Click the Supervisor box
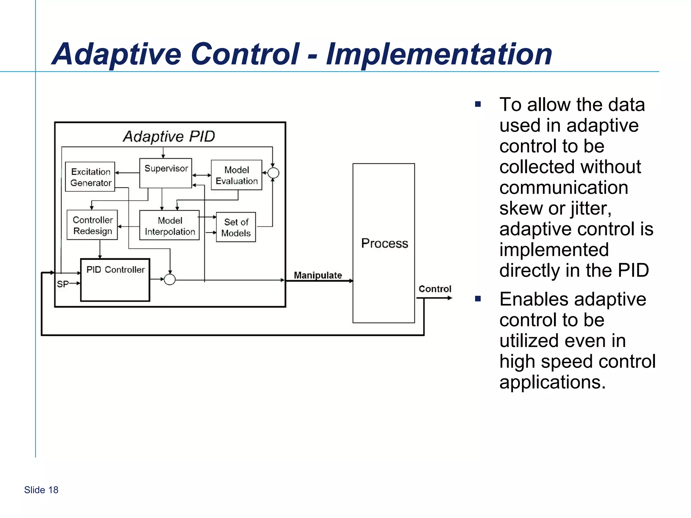[x=166, y=173]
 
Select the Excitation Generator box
[x=90, y=177]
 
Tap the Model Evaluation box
[x=237, y=175]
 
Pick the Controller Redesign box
[x=92, y=225]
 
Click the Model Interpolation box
[x=169, y=226]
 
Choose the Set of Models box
[x=236, y=227]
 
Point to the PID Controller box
[x=115, y=280]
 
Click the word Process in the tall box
[x=384, y=243]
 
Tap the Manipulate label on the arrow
[x=318, y=275]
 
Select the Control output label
[x=435, y=289]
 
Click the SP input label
[x=62, y=284]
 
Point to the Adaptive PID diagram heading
[x=169, y=137]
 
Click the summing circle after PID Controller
[x=170, y=279]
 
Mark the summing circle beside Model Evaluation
[x=273, y=173]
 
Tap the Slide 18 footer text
[x=41, y=490]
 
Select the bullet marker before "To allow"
[x=478, y=104]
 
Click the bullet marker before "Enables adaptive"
[x=478, y=299]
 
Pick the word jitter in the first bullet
[x=591, y=208]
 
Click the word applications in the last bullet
[x=552, y=382]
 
